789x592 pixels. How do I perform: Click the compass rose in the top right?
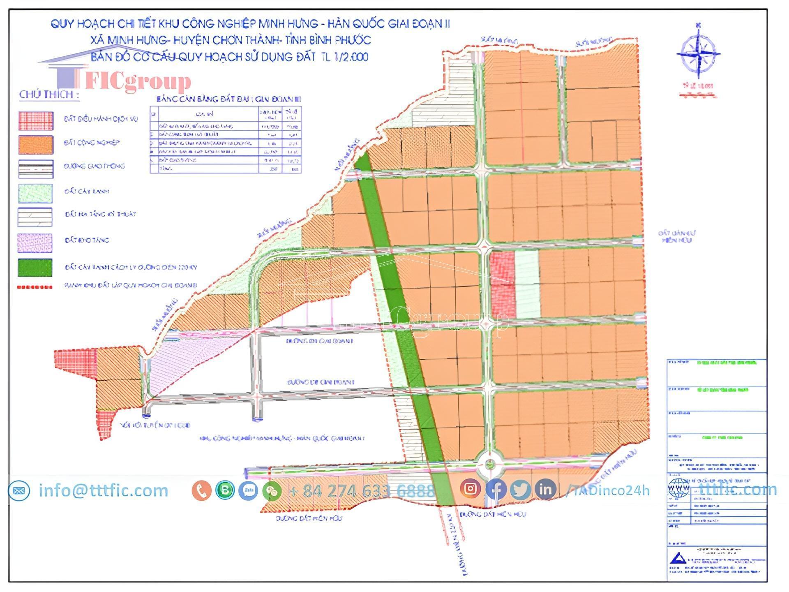pos(698,53)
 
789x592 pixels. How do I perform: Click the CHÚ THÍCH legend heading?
pos(49,95)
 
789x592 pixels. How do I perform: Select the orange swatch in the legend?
pos(35,145)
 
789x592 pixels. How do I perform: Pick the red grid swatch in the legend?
pos(35,120)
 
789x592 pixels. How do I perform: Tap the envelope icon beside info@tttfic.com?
pos(19,490)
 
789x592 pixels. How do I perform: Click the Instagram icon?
pos(471,489)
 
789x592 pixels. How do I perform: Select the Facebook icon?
pos(496,489)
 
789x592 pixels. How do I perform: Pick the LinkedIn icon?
pos(545,489)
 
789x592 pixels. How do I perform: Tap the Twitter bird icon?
pos(521,489)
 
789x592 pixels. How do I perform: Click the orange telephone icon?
pos(201,490)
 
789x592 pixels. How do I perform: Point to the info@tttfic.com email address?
pos(103,490)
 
